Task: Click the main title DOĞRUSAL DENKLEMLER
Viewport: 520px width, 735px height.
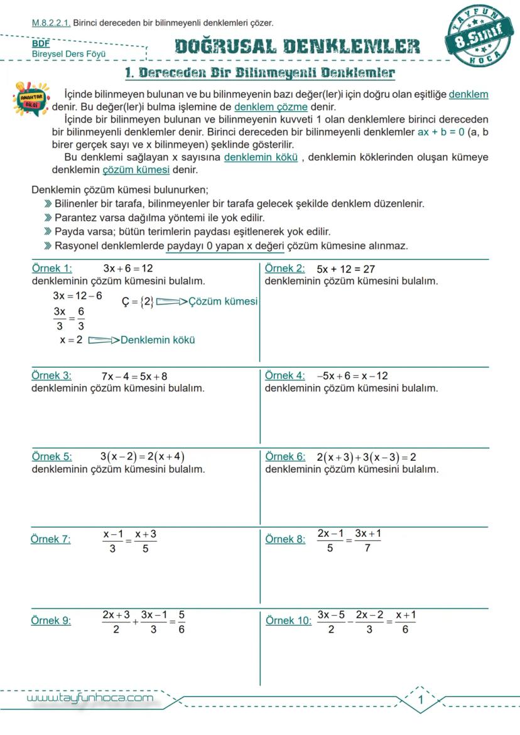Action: click(297, 46)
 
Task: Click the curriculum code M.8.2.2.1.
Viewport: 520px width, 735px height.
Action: click(51, 23)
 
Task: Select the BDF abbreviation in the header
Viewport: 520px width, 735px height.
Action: click(41, 44)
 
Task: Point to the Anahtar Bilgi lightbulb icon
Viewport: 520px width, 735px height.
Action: click(30, 98)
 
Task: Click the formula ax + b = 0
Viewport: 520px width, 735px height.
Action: click(441, 132)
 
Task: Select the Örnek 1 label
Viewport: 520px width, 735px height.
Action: click(51, 268)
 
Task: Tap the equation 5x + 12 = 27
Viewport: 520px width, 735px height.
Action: click(346, 269)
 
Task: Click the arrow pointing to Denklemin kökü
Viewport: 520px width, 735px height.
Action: click(103, 340)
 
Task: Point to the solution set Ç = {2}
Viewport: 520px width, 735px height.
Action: click(138, 302)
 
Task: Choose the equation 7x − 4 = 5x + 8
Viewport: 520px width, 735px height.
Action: click(134, 377)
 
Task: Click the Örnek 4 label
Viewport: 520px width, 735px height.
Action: click(284, 375)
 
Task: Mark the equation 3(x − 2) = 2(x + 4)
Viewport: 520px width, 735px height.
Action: click(142, 456)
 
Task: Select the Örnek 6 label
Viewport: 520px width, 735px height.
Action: click(285, 456)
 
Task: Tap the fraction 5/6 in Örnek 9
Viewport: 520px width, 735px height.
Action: click(181, 622)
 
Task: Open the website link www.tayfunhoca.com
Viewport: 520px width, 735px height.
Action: click(90, 699)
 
